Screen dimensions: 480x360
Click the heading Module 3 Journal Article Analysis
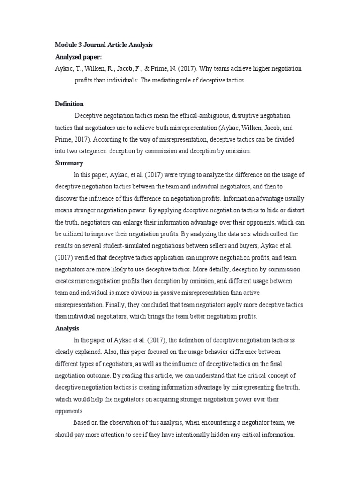pyautogui.click(x=104, y=45)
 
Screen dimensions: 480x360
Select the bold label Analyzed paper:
pyautogui.click(x=78, y=57)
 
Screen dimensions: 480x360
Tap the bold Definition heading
pyautogui.click(x=69, y=104)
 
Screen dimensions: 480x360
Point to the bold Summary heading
pyautogui.click(x=69, y=163)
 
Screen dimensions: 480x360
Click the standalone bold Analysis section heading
pyautogui.click(x=67, y=329)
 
